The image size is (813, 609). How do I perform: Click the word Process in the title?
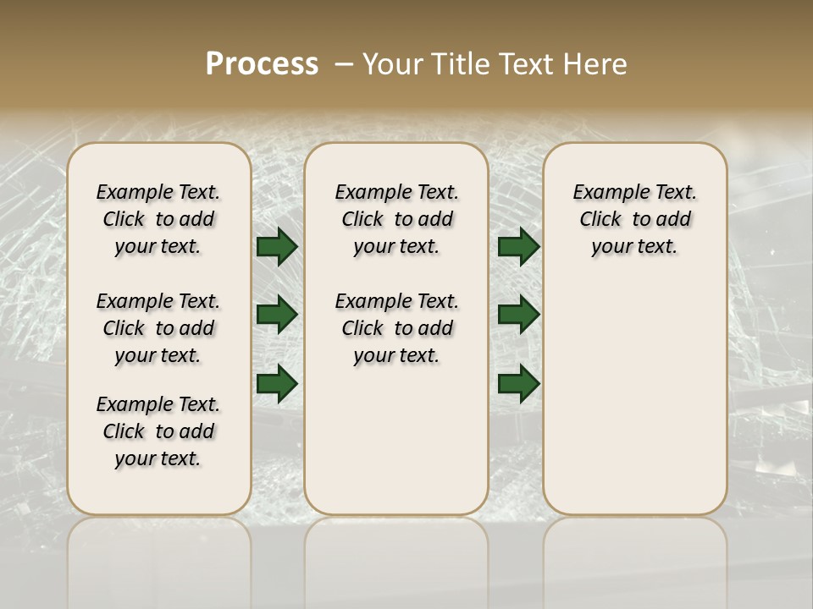click(262, 64)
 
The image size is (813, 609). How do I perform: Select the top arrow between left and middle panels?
click(277, 246)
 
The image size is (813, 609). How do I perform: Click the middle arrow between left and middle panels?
click(277, 315)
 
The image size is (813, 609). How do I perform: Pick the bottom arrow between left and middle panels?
click(277, 383)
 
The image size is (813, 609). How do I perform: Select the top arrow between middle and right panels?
click(518, 246)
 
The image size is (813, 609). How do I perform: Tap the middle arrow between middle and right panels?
click(518, 315)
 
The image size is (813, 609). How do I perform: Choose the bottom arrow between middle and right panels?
click(518, 383)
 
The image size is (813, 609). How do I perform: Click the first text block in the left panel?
click(158, 219)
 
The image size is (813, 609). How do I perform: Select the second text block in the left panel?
click(158, 328)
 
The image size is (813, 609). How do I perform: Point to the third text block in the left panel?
click(158, 431)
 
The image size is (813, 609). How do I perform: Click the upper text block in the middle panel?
click(396, 219)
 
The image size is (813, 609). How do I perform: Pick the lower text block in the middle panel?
click(396, 328)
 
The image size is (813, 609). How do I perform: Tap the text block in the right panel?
click(634, 219)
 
